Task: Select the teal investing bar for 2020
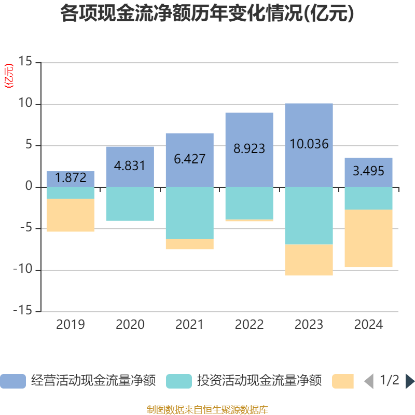(130, 204)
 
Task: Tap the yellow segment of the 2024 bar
(368, 239)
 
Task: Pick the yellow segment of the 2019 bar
(71, 215)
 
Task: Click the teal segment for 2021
(189, 213)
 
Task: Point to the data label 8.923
(249, 149)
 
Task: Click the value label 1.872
(71, 178)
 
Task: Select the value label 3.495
(368, 170)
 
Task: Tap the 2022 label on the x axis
(249, 325)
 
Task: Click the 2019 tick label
(71, 325)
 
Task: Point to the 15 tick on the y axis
(25, 62)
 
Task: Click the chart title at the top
(208, 14)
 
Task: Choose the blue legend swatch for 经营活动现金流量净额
(13, 381)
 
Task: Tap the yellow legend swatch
(343, 381)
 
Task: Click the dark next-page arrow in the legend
(410, 381)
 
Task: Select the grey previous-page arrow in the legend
(369, 381)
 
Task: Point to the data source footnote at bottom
(208, 410)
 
